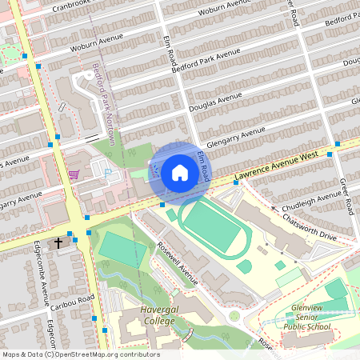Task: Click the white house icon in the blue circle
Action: coord(180,172)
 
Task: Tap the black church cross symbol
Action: coord(58,242)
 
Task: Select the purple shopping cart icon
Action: coord(74,174)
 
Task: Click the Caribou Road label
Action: coord(73,301)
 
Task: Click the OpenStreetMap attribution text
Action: coord(80,354)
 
